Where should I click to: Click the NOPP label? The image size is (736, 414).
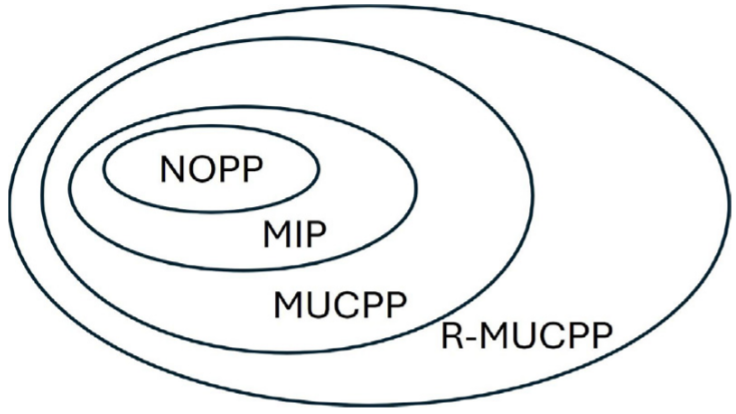(x=210, y=169)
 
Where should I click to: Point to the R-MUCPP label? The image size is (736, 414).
(x=524, y=336)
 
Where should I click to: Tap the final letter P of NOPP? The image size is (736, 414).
(x=252, y=169)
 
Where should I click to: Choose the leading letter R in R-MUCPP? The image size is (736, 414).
(x=450, y=336)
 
